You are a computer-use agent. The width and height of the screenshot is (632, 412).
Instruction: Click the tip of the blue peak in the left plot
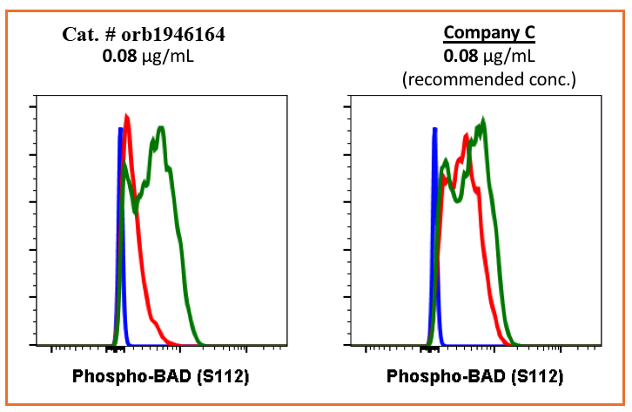(x=120, y=129)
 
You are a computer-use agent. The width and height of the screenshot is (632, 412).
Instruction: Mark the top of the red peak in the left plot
(x=127, y=116)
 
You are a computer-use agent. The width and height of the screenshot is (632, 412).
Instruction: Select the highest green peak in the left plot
(x=161, y=128)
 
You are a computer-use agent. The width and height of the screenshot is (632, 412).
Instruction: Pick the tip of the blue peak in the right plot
(x=434, y=129)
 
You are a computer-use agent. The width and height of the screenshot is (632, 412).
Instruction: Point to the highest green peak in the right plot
(x=482, y=119)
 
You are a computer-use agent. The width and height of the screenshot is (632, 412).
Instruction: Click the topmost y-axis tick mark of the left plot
(x=32, y=107)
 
